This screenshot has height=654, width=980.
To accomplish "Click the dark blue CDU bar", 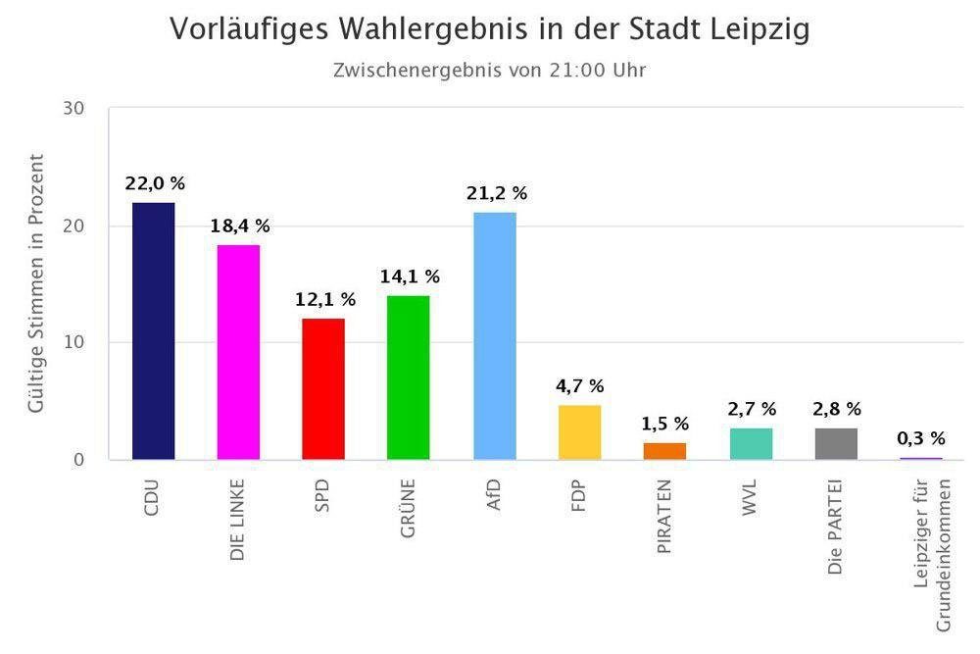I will tap(153, 330).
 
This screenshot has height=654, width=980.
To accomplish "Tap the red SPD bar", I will tap(323, 388).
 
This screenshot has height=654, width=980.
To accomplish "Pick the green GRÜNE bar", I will tap(409, 377).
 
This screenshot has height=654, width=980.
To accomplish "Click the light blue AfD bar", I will tap(494, 335).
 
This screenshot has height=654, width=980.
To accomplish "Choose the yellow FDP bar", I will tap(579, 431).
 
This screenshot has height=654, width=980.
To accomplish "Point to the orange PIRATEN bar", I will tap(664, 451).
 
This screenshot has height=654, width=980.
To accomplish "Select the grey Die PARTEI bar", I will tap(836, 443).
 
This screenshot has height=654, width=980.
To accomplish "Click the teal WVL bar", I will tap(751, 443).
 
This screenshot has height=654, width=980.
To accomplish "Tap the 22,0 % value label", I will tap(155, 183).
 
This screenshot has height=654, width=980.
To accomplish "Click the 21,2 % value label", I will tap(497, 193).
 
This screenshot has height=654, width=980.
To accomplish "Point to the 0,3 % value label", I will tap(921, 438).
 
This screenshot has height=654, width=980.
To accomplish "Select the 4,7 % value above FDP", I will tap(580, 386).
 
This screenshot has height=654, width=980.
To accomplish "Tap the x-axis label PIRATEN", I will tap(665, 518).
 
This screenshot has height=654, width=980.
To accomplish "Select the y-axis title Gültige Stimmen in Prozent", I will tap(36, 282).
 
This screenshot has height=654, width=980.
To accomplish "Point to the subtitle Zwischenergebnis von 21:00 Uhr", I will tap(489, 70).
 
